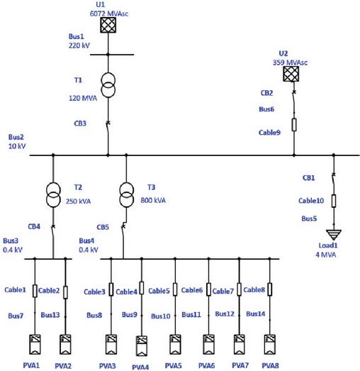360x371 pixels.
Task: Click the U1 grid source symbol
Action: click(x=108, y=25)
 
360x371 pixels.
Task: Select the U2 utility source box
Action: click(x=291, y=74)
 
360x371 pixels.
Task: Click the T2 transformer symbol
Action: click(x=53, y=195)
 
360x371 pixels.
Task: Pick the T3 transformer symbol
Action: click(x=126, y=195)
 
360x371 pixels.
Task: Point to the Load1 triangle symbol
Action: click(x=334, y=235)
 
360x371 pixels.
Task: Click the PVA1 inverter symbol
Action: click(x=35, y=344)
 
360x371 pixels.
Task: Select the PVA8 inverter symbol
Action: click(x=270, y=344)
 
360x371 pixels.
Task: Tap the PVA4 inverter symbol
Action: click(x=142, y=345)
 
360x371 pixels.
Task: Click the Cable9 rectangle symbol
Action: click(x=294, y=125)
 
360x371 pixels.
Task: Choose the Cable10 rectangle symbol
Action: click(x=334, y=201)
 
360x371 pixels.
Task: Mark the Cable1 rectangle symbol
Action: click(x=35, y=291)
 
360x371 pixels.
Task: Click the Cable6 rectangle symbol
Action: click(x=208, y=289)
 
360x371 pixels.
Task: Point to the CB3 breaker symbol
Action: click(x=108, y=129)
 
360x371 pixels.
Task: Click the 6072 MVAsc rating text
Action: click(x=109, y=13)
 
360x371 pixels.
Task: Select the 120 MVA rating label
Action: click(x=83, y=98)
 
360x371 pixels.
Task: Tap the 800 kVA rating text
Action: click(x=153, y=201)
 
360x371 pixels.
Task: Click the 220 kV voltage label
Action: click(x=79, y=45)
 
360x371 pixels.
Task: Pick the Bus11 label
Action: click(x=191, y=314)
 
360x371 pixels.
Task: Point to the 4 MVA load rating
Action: click(x=326, y=255)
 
